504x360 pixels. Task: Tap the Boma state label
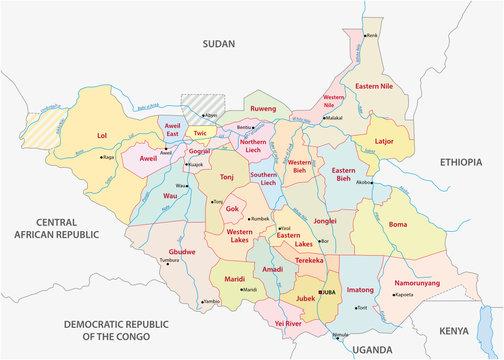pos(398,225)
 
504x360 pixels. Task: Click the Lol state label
pos(101,134)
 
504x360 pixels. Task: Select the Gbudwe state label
pos(182,250)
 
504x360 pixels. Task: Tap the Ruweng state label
pos(263,107)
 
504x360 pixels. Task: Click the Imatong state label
pos(359,290)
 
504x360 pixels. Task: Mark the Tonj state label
pos(226,176)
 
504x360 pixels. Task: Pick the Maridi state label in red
pos(235,278)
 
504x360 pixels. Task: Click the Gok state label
pos(232,209)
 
